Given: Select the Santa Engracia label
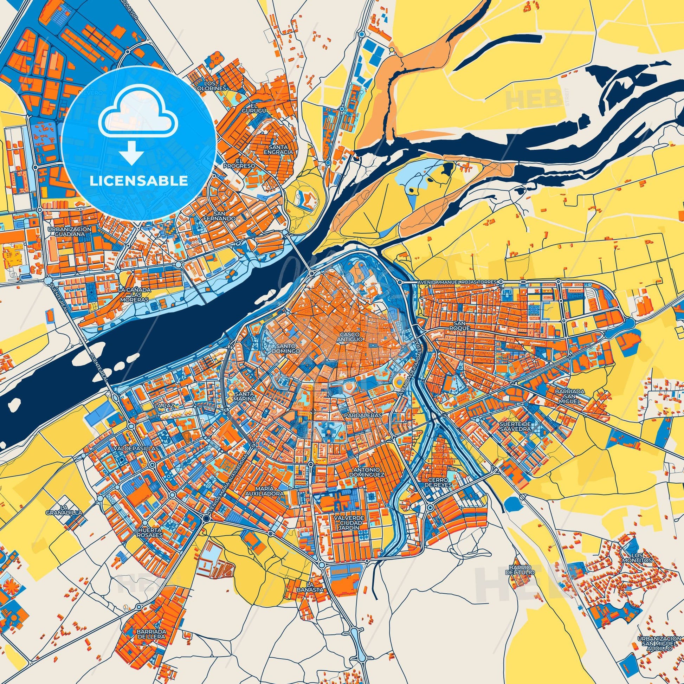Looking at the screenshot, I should click(x=280, y=149).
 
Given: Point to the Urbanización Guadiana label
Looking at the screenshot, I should click(x=70, y=232).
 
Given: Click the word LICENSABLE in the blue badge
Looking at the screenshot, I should click(x=138, y=181).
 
